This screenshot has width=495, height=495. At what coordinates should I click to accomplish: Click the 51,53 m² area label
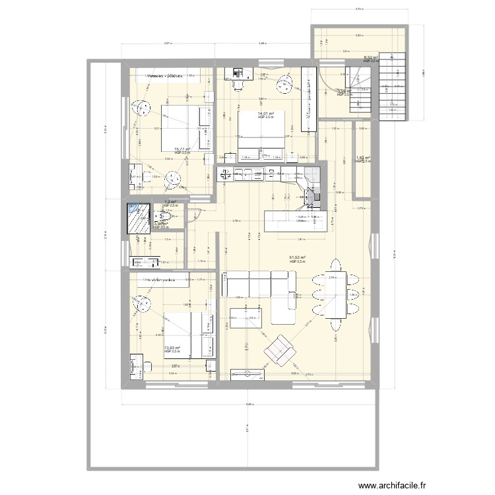297,258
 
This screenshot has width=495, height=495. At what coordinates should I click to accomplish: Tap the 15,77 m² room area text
182,149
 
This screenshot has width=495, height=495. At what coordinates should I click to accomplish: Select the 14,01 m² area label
266,114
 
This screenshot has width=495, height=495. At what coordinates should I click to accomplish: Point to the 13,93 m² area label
172,348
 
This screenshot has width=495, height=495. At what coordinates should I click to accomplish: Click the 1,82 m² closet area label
362,158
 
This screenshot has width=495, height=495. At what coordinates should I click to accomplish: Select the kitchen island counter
296,220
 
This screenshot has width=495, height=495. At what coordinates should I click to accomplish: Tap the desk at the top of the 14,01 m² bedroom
238,71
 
